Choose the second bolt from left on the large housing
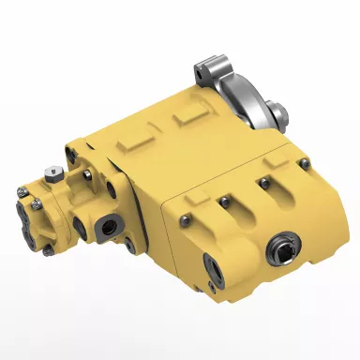point(225,200)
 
